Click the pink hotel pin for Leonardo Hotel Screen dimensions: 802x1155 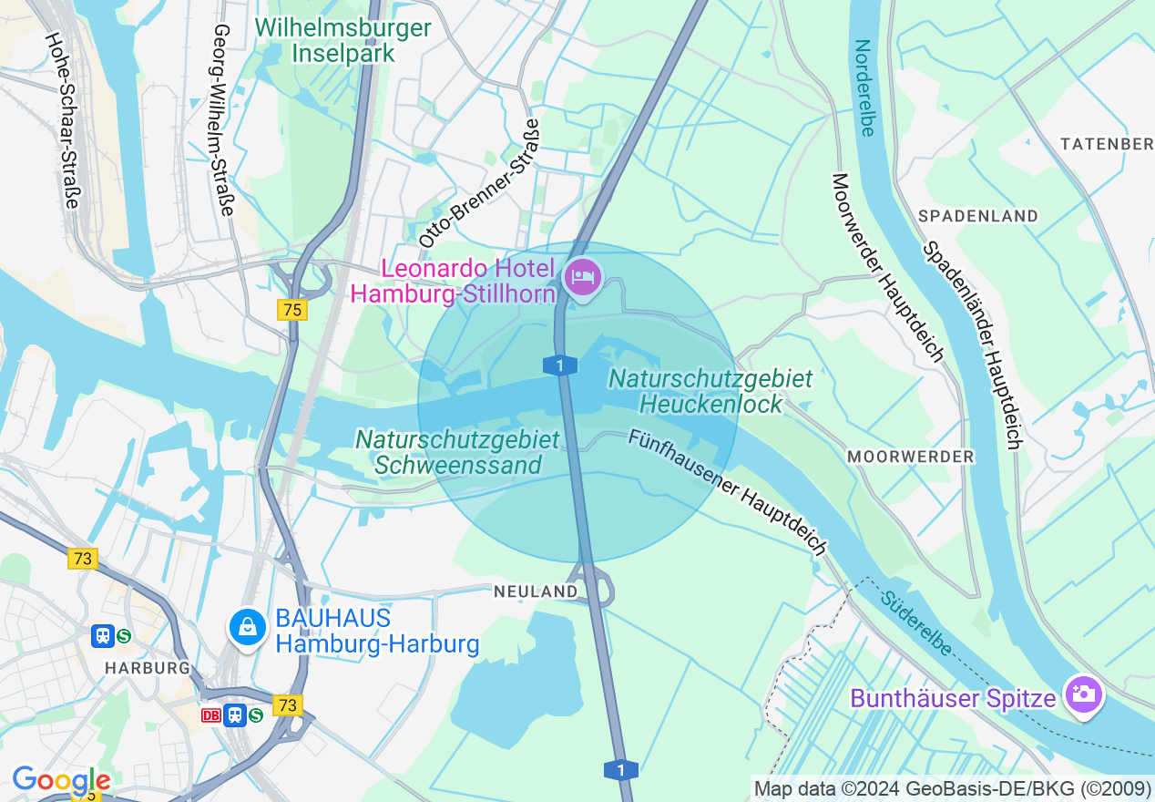point(583,277)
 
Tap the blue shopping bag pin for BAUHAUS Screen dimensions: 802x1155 point(246,627)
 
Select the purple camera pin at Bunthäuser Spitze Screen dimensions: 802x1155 point(1082,696)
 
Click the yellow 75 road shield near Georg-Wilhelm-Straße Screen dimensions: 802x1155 point(291,310)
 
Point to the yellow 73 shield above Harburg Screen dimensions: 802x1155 point(83,559)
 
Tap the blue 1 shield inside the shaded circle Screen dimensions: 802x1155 point(559,365)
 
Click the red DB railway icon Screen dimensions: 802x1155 point(210,715)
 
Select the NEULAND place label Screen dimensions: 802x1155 point(536,591)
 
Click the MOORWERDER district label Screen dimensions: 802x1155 point(910,456)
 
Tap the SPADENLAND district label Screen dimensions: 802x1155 point(978,216)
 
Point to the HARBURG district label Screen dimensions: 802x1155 point(147,668)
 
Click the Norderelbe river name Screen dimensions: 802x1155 point(864,87)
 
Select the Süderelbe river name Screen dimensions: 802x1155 point(916,623)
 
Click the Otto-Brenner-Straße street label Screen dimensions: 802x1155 point(479,183)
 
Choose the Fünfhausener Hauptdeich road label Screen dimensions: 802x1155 point(727,492)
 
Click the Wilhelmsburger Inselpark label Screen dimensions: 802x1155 point(343,41)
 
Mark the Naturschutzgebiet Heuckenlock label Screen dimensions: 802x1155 point(710,390)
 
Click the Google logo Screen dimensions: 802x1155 point(61,780)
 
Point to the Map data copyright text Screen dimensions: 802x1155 point(952,787)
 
